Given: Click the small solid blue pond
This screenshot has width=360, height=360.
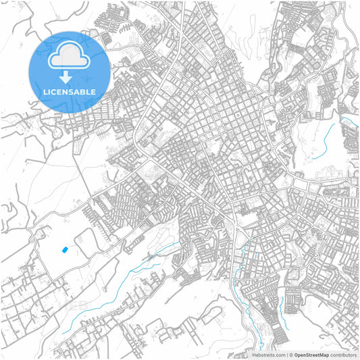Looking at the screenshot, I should coord(65,250).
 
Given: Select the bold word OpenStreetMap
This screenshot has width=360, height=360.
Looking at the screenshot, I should coord(311,355).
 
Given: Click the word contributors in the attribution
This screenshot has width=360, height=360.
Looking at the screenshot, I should coord(344,355).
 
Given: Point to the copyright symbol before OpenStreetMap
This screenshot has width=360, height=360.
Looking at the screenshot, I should coord(291,355).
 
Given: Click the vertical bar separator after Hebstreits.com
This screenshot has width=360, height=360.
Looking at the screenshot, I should coord(286,355).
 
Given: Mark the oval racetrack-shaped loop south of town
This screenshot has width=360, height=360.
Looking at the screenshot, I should coord(213,313).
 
